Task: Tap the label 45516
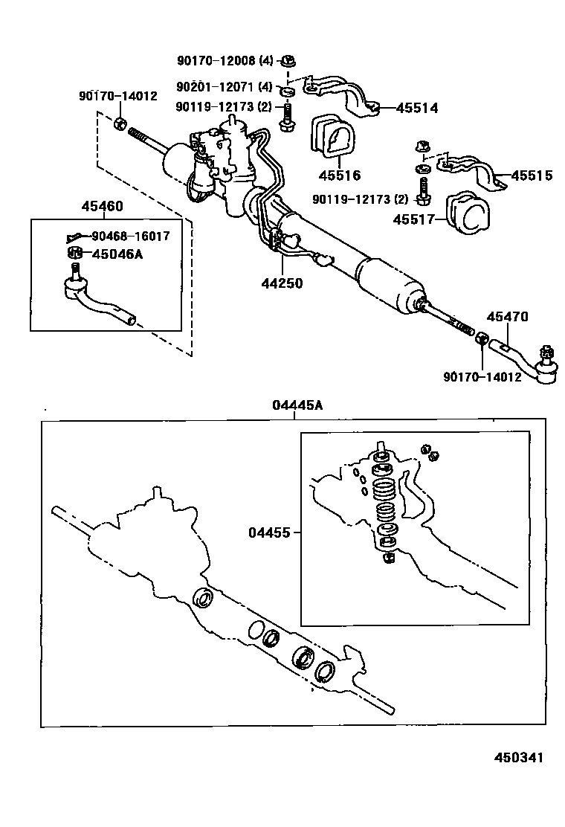coord(339,176)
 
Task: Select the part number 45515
coord(532,176)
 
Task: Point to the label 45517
coord(413,220)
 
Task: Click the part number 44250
coord(282,283)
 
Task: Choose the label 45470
coord(507,317)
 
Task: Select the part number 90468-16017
coord(130,236)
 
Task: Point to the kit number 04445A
coord(297,405)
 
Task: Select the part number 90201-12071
coord(219,87)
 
